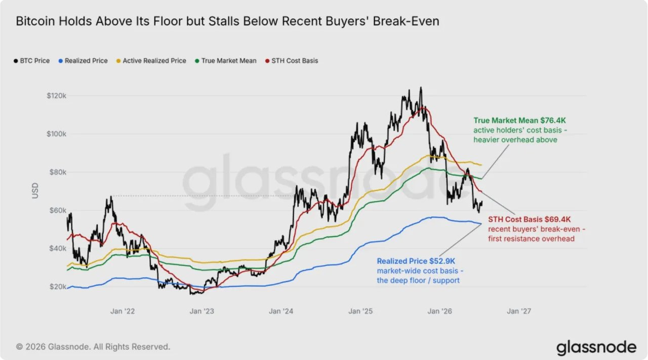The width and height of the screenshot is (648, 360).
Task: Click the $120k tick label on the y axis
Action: coord(56,96)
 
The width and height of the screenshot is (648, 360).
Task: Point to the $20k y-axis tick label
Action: coord(58,287)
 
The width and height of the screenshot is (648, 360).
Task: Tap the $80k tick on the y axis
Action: coord(58,172)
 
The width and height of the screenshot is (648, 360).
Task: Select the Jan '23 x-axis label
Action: coord(201,311)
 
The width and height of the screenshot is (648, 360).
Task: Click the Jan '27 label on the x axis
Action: coord(519,311)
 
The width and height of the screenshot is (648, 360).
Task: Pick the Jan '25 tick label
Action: coord(360,311)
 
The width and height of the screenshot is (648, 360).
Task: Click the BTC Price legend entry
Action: coord(32,61)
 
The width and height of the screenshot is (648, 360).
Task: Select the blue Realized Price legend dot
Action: coord(61,61)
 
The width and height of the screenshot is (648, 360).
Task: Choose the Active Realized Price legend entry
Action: coord(151,61)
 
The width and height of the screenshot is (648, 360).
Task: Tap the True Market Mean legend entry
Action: coord(226,61)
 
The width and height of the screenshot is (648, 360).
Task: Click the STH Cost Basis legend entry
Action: coord(292,61)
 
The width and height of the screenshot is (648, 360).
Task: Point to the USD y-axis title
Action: coord(35,190)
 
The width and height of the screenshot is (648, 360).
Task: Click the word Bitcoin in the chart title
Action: coord(35,21)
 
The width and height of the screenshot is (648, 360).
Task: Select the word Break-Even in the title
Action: coord(406,21)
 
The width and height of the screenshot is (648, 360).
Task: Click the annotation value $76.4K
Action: coord(553,121)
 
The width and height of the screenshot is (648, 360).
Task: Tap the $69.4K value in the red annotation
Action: coord(557,219)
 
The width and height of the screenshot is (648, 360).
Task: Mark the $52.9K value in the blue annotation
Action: coord(442,261)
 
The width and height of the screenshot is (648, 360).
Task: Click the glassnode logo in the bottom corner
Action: coord(596,347)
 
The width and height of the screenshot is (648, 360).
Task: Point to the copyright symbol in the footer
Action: coord(19,347)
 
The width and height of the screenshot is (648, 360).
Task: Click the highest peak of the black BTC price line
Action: coord(421,87)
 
